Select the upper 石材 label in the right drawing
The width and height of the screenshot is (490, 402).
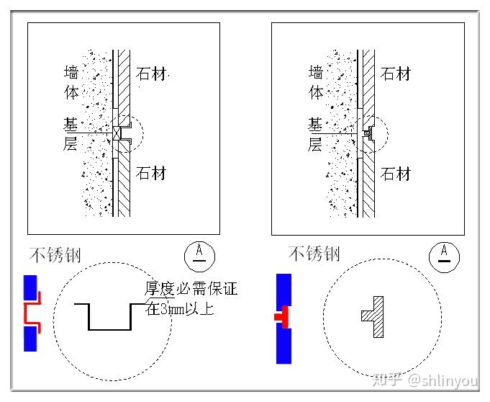pyautogui.click(x=396, y=74)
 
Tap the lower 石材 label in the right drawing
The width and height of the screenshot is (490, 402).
pyautogui.click(x=396, y=174)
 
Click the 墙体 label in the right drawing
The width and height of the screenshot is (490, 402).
pyautogui.click(x=316, y=82)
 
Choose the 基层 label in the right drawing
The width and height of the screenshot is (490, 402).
pyautogui.click(x=315, y=134)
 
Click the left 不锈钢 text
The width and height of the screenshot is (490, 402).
pyautogui.click(x=55, y=254)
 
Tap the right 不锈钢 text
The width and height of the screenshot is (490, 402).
pyautogui.click(x=314, y=254)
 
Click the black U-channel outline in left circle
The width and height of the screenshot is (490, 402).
pyautogui.click(x=110, y=317)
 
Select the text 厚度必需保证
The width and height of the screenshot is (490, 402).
pyautogui.click(x=191, y=290)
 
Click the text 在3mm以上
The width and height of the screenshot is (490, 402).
pyautogui.click(x=180, y=310)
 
